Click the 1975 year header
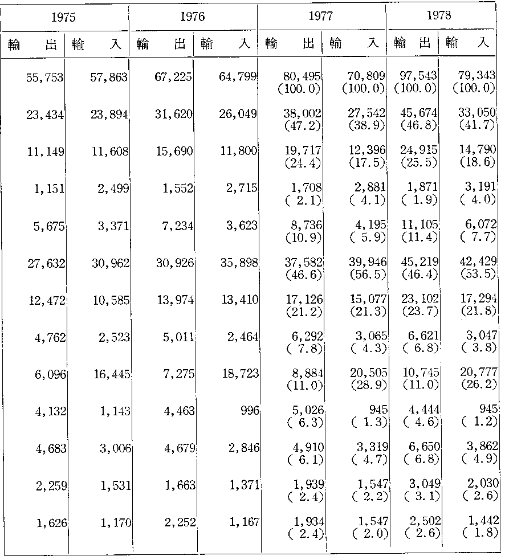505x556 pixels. coord(63,17)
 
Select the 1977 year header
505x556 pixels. coord(321,16)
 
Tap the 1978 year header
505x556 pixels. coord(439,15)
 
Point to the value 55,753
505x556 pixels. coord(44,77)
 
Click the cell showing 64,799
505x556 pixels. coord(238,76)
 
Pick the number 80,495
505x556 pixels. coord(302,76)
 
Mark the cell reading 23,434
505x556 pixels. coord(45,115)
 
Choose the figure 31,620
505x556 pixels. coord(173,114)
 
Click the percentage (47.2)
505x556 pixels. coord(303,125)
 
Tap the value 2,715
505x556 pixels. coord(242,187)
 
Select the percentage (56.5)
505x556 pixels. coord(368,275)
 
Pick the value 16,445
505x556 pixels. coord(112,374)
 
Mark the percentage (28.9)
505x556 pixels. coord(369,385)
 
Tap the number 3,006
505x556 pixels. coord(116,449)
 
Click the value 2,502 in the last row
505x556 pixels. coord(425,521)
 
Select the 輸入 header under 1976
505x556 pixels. coord(226,44)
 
